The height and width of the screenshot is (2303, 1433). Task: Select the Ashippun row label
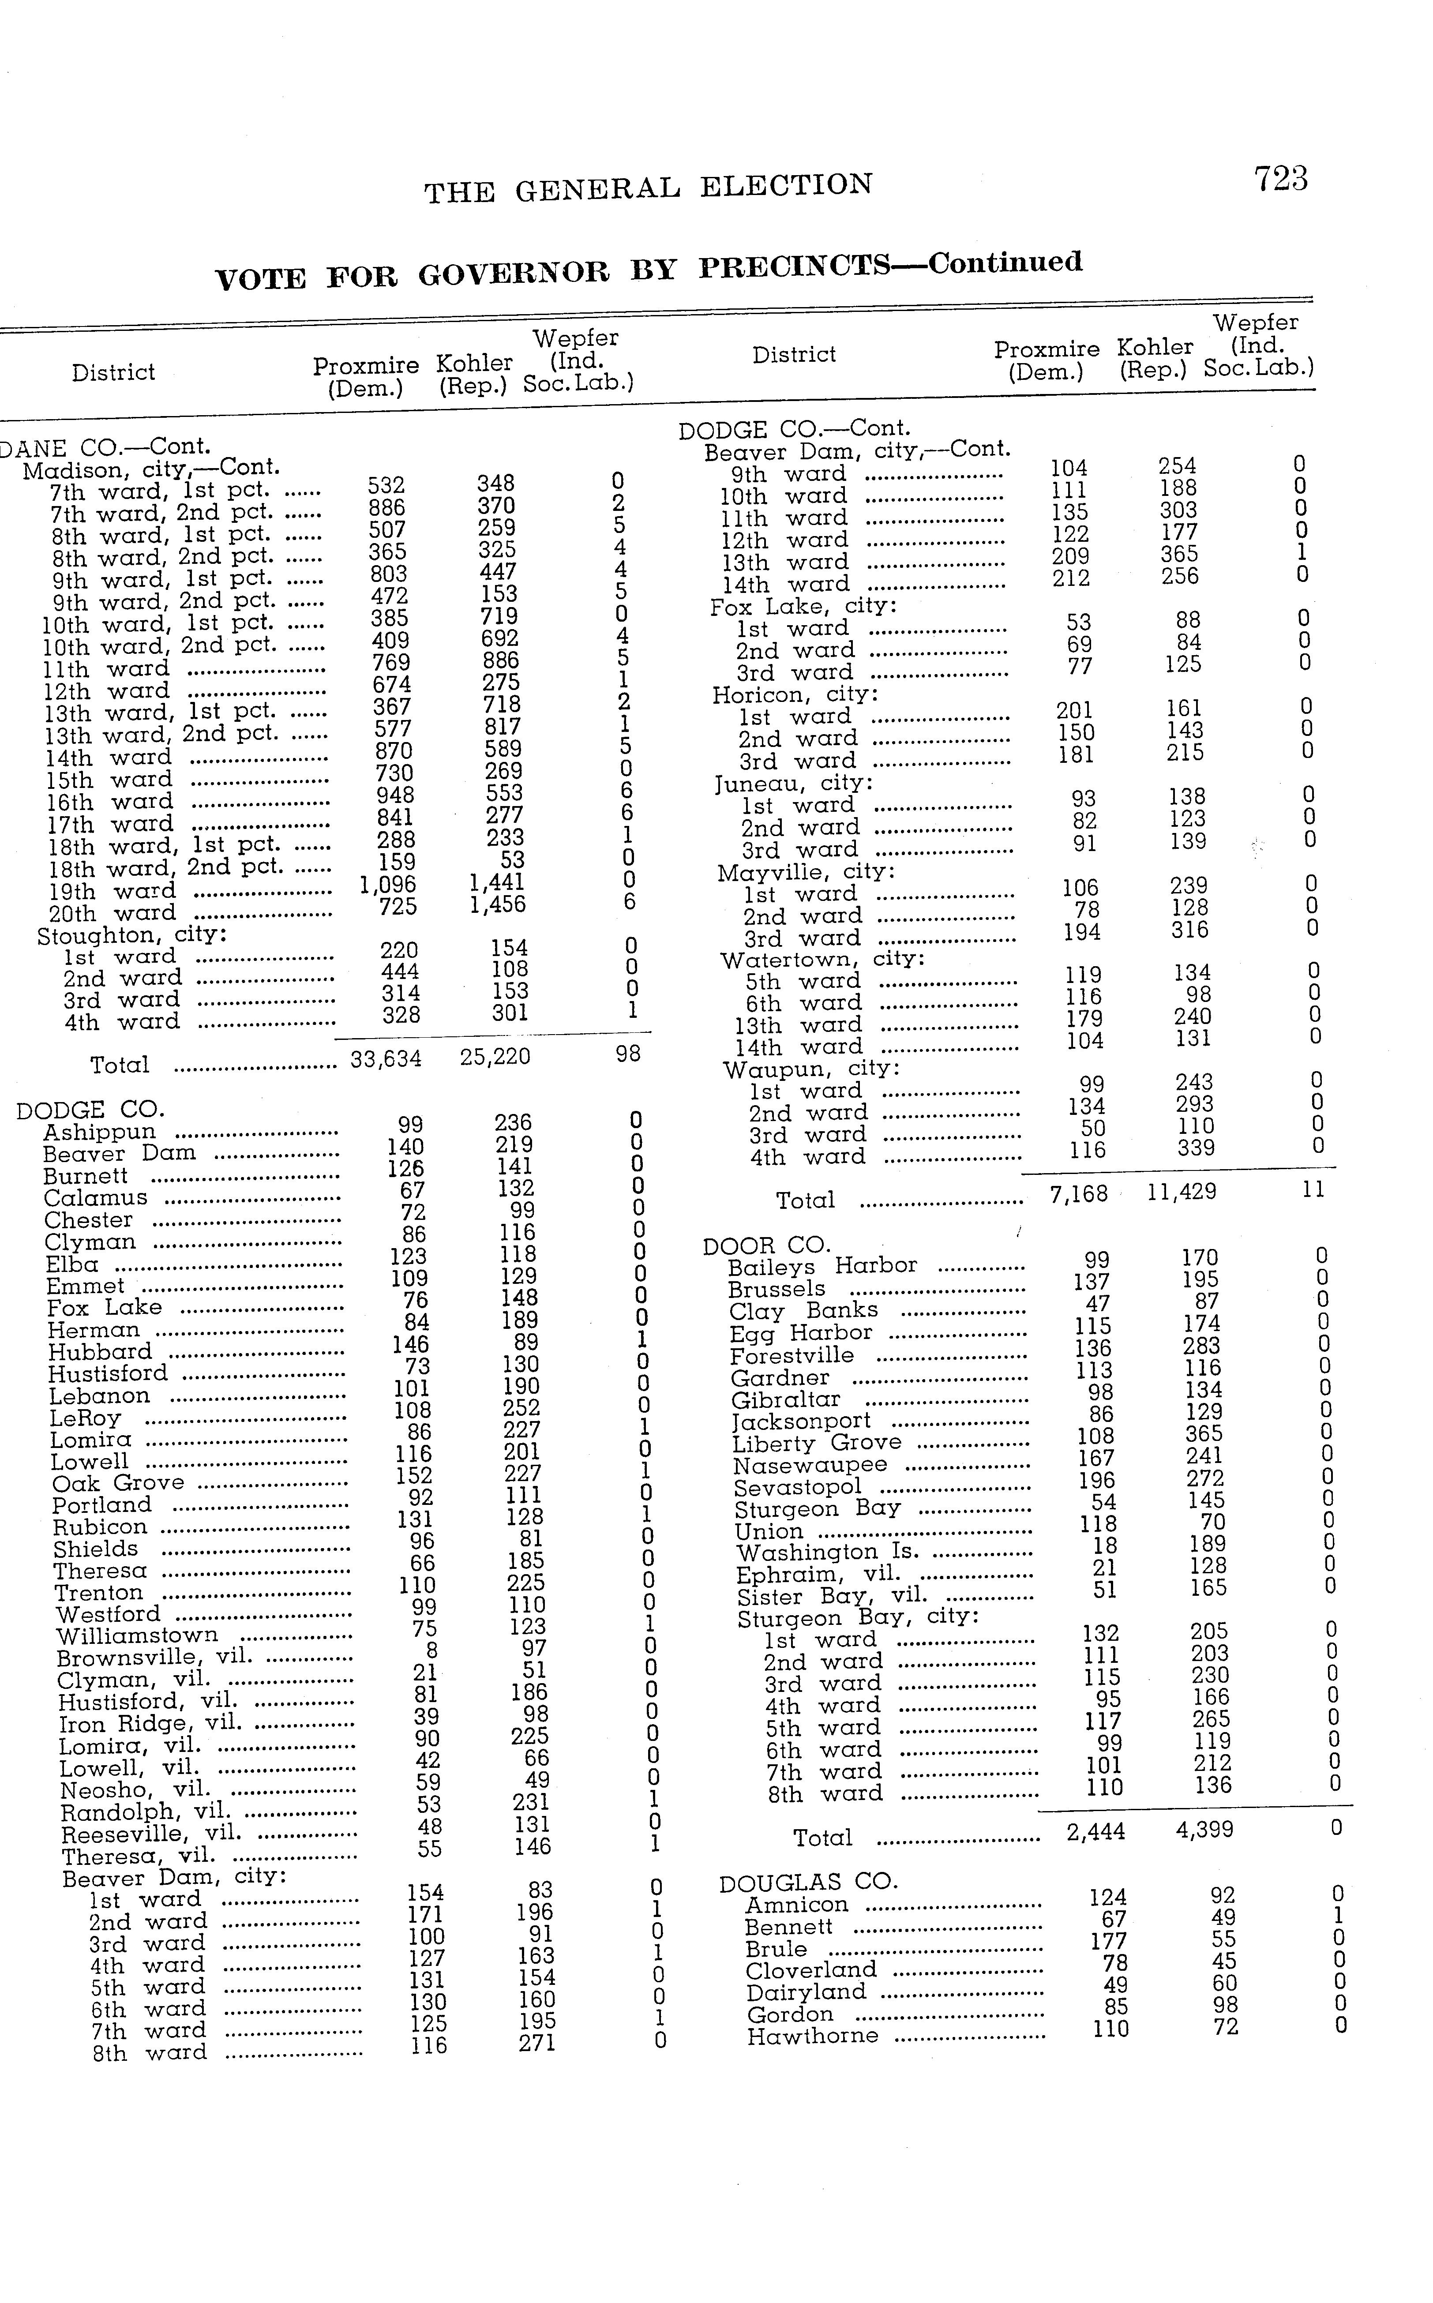[x=100, y=1133]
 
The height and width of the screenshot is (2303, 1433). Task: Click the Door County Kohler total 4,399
[x=1204, y=1830]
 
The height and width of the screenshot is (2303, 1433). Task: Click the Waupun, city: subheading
[x=811, y=1069]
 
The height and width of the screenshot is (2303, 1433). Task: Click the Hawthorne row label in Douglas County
[x=812, y=2036]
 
